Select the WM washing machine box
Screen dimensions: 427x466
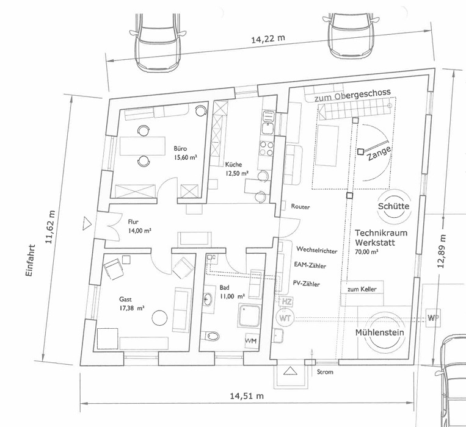(x=251, y=340)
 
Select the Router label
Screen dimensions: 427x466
(x=300, y=207)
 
